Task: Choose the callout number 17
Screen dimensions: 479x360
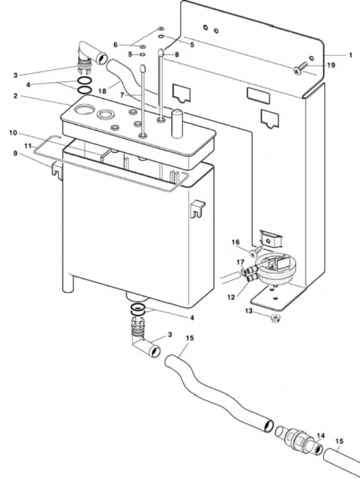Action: pyautogui.click(x=239, y=261)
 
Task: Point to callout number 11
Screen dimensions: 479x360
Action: pyautogui.click(x=28, y=146)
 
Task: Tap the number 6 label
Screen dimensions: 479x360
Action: pyautogui.click(x=116, y=44)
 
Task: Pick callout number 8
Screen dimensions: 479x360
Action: pyautogui.click(x=177, y=54)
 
